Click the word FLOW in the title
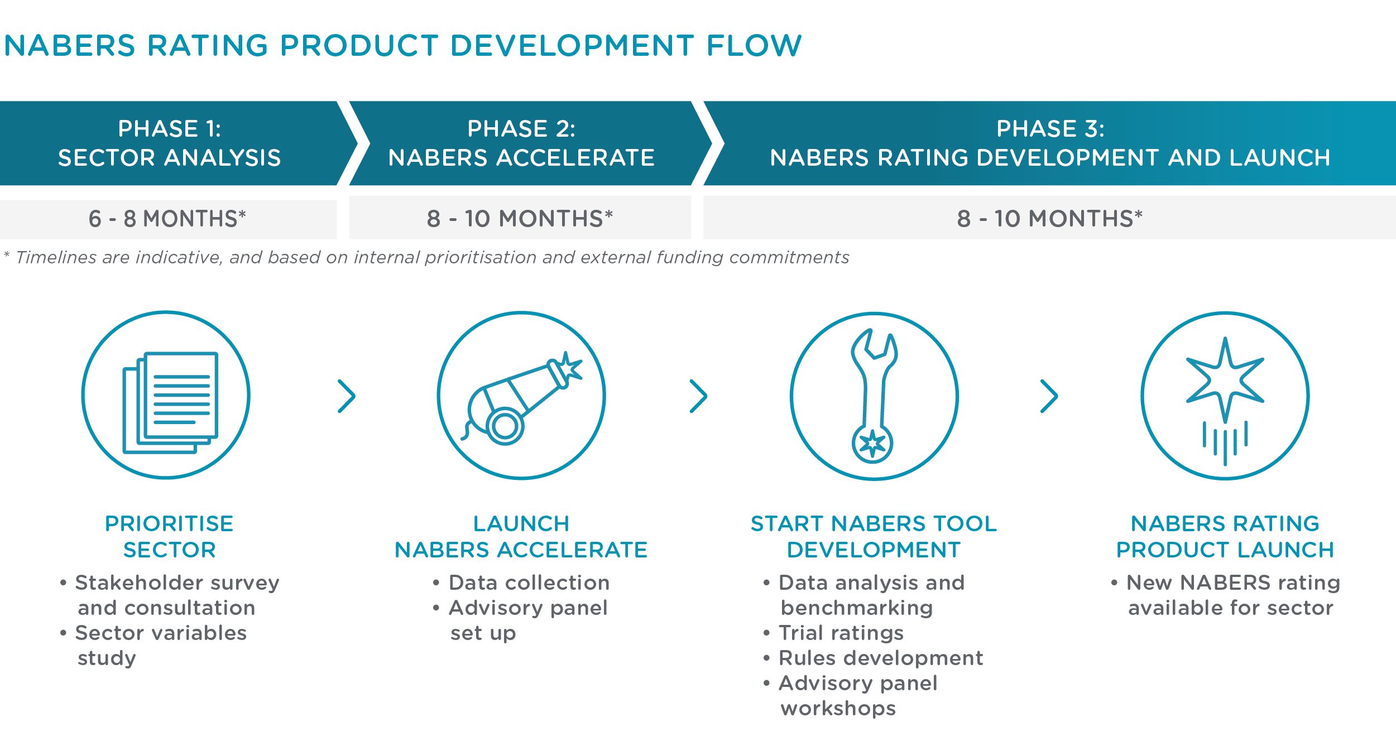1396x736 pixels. [x=754, y=45]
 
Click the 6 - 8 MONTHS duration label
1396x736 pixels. [x=167, y=219]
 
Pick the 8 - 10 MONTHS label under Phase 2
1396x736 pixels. [x=520, y=219]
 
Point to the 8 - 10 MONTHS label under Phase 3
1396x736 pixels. [x=1049, y=219]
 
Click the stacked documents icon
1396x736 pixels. [x=170, y=402]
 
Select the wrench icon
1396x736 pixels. [x=874, y=396]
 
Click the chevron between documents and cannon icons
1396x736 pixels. [x=347, y=396]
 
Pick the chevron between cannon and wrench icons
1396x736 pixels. [x=698, y=396]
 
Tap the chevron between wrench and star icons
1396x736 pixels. [x=1049, y=396]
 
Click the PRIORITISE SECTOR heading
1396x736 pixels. [x=169, y=537]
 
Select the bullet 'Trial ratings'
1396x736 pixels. [x=833, y=633]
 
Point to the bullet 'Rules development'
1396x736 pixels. [x=872, y=658]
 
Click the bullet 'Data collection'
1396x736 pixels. [x=521, y=583]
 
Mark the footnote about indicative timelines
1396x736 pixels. [x=426, y=257]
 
